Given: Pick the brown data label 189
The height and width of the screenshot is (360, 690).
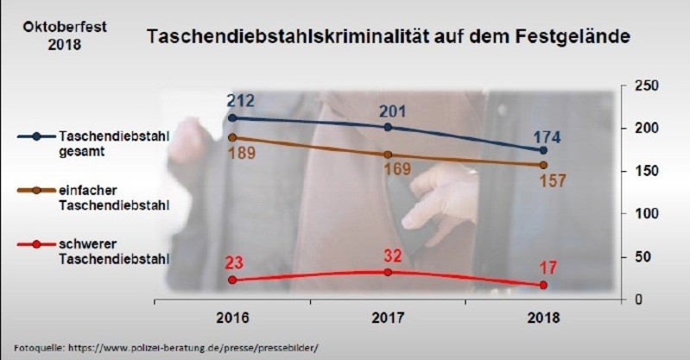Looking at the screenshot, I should point(241,152).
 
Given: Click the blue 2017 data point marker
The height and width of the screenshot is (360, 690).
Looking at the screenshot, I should point(388,128).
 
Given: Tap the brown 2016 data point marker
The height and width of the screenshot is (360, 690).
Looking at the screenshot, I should point(232,137).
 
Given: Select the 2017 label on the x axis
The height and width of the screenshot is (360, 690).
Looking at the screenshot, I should point(389,318).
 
